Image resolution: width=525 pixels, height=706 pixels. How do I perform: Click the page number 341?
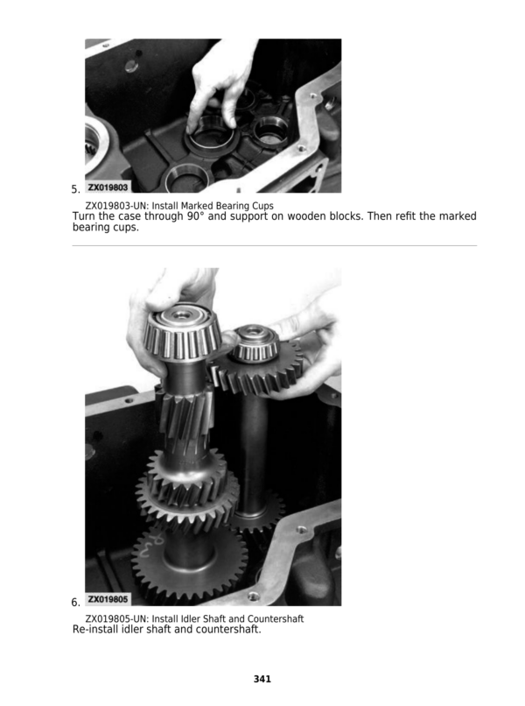[262, 679]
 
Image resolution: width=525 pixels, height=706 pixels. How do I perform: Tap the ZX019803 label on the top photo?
[108, 187]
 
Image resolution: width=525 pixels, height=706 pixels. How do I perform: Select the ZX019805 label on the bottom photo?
[108, 599]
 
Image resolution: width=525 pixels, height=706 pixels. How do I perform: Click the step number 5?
[75, 189]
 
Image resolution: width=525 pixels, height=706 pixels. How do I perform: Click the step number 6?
[75, 602]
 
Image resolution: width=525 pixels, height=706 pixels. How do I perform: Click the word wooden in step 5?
[304, 216]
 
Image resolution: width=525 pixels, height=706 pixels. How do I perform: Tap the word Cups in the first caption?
[262, 206]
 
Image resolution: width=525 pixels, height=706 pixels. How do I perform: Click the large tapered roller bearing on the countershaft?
[183, 333]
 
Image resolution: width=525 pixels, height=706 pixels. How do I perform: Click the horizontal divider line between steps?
[275, 246]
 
